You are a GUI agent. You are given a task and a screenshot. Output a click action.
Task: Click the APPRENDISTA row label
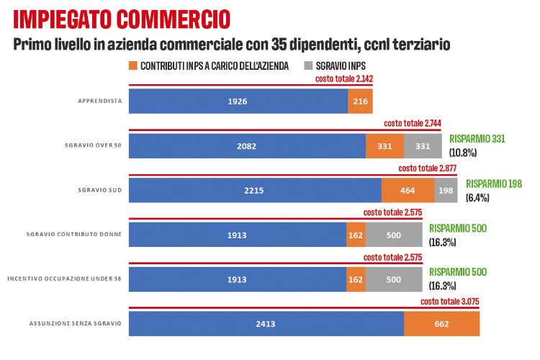100,101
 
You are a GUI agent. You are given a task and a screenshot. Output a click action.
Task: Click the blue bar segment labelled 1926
238,101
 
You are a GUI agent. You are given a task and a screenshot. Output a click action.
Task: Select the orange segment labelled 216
360,101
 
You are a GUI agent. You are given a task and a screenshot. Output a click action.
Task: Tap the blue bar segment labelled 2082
247,145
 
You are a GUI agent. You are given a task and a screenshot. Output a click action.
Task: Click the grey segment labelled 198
444,190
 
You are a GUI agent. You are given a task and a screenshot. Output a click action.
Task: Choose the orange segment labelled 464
408,190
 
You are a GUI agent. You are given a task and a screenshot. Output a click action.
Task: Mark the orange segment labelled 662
441,323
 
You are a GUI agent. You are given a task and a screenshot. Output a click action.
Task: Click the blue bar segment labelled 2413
266,323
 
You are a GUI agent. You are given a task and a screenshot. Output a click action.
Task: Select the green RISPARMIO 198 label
494,184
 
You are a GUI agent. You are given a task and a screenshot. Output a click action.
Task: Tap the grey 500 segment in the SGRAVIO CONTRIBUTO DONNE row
394,234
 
